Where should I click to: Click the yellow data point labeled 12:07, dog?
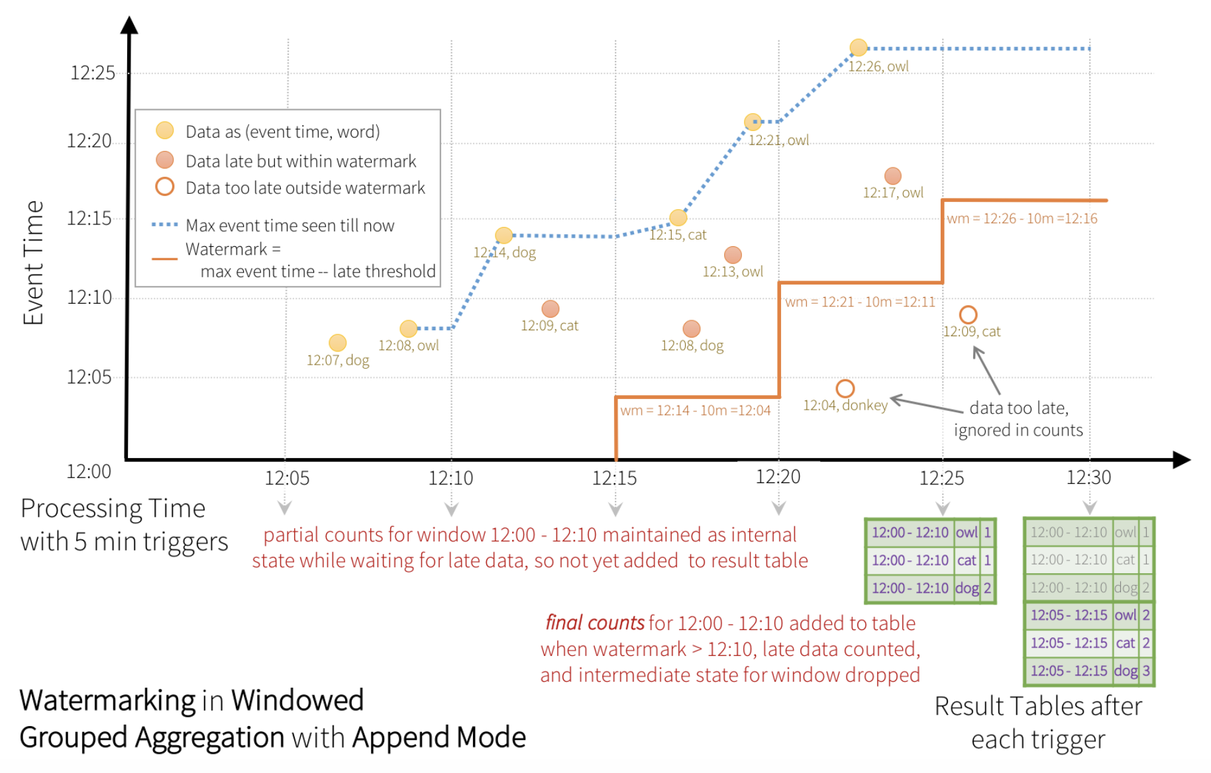(x=338, y=343)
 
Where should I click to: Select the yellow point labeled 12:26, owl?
(x=859, y=48)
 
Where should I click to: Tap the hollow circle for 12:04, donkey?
(x=845, y=388)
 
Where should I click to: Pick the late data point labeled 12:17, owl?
(x=893, y=176)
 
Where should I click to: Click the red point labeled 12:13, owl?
(x=733, y=255)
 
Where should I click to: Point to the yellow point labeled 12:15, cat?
(x=678, y=218)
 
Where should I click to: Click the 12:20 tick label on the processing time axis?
(x=778, y=477)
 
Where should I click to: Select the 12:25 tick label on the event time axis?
(x=93, y=73)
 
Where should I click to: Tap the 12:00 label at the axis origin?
(x=89, y=471)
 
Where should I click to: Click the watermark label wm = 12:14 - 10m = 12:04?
(x=696, y=410)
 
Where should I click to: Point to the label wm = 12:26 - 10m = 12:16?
(x=1022, y=218)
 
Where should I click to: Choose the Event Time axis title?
(x=33, y=263)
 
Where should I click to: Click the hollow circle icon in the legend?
(x=165, y=187)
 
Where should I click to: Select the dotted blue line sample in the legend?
(x=165, y=225)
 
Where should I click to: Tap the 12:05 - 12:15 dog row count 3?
(x=1146, y=670)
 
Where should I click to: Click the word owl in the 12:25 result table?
(x=967, y=532)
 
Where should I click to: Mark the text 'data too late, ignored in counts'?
(x=1019, y=419)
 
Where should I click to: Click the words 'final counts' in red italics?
(x=595, y=623)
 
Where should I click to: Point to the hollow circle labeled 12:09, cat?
(x=969, y=314)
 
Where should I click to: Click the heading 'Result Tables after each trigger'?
(x=1039, y=723)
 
